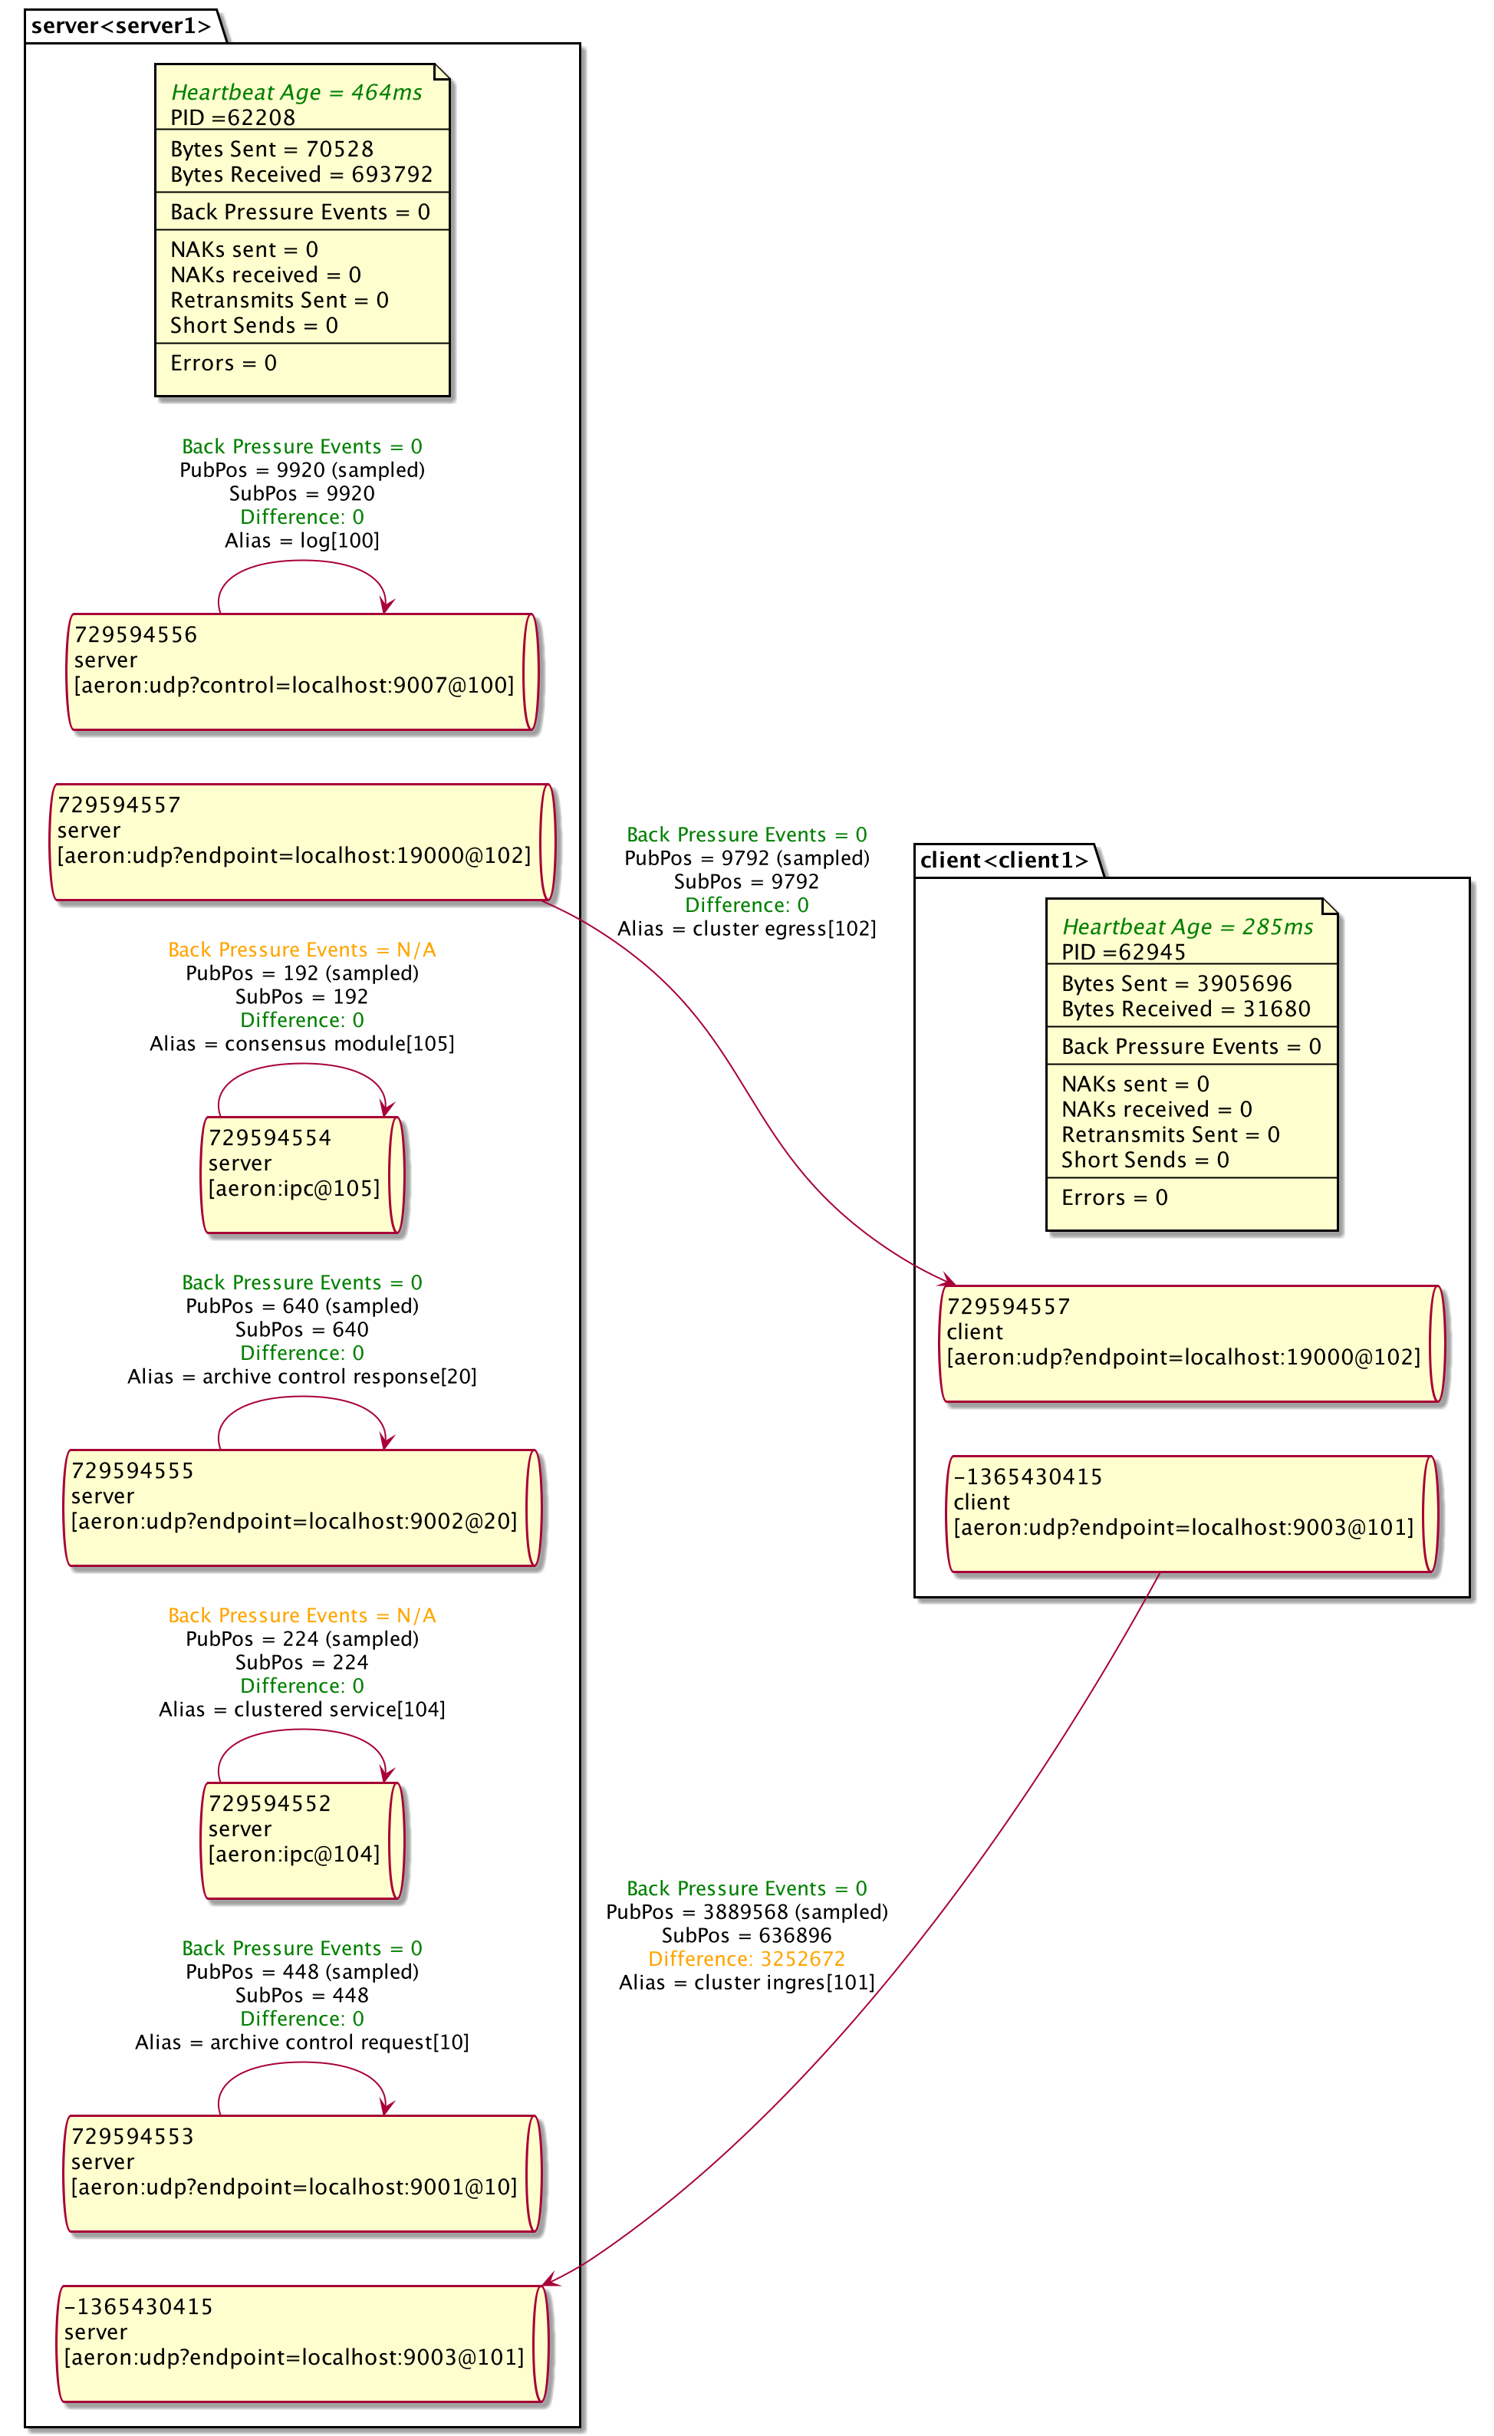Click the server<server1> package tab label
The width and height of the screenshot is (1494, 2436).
tap(120, 26)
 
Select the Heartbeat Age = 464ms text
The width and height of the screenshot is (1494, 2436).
tap(297, 92)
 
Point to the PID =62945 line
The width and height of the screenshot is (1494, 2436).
tap(1124, 952)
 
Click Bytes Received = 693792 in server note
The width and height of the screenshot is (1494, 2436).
tap(301, 174)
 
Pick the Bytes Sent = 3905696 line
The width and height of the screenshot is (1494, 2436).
tap(1176, 984)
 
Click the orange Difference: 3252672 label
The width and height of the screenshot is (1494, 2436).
tap(746, 1958)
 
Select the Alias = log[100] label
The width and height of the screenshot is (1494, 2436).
tap(301, 540)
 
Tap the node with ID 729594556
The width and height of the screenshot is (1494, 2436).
tap(301, 671)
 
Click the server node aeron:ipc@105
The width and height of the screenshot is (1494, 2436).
tap(301, 1174)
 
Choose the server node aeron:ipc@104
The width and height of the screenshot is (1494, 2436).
tap(301, 1840)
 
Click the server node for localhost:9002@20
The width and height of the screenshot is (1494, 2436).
tap(301, 1508)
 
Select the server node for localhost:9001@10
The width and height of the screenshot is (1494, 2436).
tap(301, 2173)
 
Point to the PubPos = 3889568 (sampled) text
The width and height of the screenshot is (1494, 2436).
tap(746, 1912)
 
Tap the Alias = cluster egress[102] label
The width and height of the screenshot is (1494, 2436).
tap(746, 928)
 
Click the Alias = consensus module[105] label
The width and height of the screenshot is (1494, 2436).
tap(301, 1043)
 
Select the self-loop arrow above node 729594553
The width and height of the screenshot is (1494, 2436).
tap(301, 2063)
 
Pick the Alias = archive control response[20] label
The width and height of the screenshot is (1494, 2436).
tap(301, 1376)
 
